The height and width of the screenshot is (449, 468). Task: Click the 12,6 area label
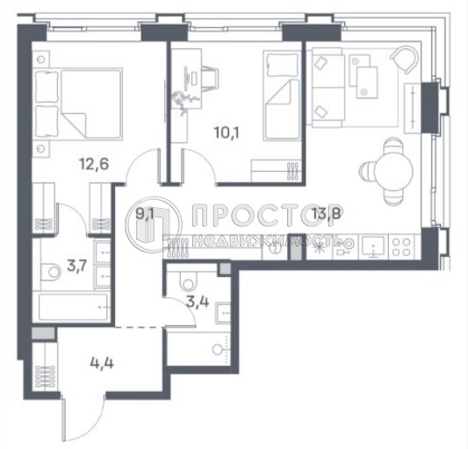point(94,164)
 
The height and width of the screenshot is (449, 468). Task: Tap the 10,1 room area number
point(227,132)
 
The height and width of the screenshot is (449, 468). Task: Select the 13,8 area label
point(328,213)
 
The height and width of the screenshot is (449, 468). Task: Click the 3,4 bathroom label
point(198,302)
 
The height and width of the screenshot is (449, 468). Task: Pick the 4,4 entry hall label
point(102,363)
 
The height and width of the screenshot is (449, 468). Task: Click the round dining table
point(393,171)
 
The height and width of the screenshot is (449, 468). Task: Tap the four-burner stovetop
point(402,247)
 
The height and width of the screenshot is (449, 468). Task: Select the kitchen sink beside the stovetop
point(373,246)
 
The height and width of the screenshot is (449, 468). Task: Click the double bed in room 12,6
point(77,103)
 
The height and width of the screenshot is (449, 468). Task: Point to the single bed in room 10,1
point(282,96)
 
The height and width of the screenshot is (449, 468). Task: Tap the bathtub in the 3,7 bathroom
point(74,307)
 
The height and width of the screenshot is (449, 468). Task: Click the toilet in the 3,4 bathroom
point(187,280)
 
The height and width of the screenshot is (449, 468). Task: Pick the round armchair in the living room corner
point(405,60)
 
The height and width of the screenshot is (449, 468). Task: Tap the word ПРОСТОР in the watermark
point(267,215)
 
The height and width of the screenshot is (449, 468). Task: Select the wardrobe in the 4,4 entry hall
point(46,366)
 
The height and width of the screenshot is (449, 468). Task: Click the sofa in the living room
point(328,87)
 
